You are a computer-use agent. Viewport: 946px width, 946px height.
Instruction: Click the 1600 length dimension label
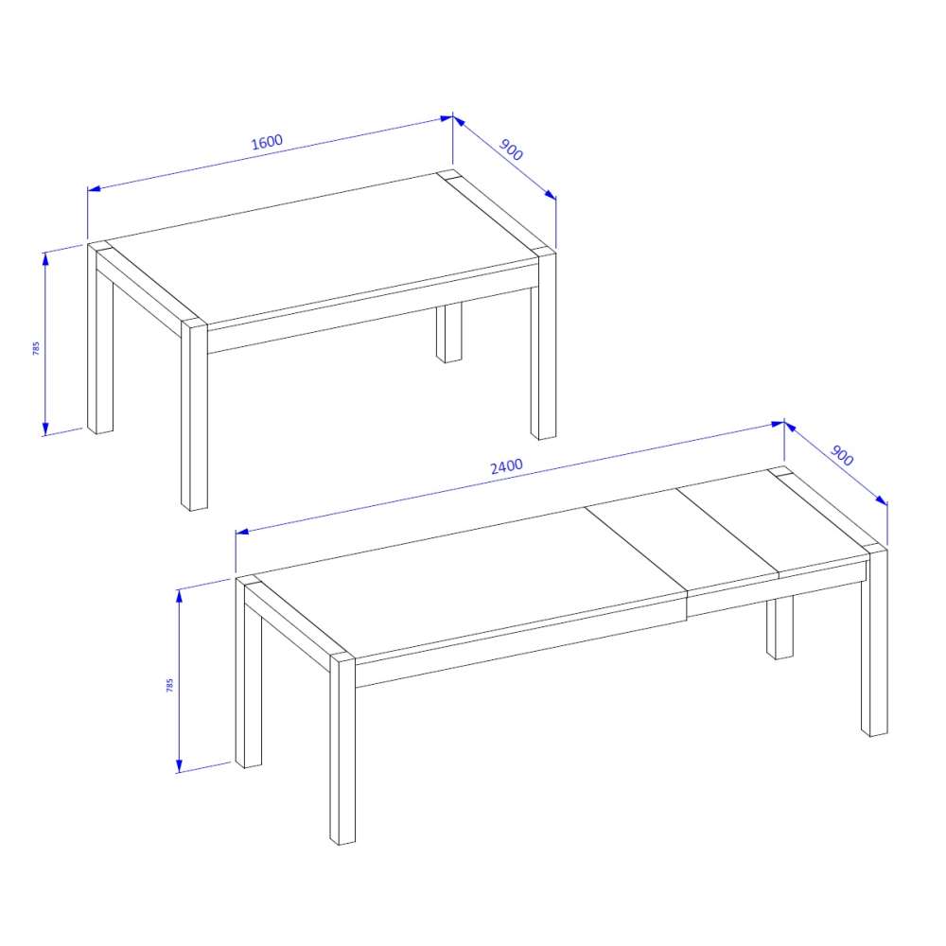(267, 142)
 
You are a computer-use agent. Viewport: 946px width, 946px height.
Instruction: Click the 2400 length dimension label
(506, 466)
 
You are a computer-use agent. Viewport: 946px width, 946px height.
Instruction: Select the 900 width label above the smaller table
(511, 149)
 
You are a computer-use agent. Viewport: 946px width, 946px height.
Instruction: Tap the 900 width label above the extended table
(842, 456)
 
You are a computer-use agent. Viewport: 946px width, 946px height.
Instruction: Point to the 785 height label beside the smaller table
(36, 348)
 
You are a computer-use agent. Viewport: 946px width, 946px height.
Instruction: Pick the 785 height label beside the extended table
(169, 685)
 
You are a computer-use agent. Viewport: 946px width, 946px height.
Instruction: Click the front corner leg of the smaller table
(194, 416)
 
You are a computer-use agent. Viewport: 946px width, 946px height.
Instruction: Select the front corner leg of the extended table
(342, 750)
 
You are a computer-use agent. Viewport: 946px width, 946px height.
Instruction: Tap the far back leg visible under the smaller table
(448, 332)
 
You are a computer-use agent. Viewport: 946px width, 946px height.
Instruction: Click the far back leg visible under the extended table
(780, 627)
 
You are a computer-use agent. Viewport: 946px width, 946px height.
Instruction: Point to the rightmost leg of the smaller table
(544, 344)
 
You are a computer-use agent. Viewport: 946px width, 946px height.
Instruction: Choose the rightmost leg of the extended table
(874, 640)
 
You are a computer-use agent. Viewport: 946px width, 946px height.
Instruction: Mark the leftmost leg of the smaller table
(100, 338)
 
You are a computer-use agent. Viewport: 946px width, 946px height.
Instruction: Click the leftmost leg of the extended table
(249, 672)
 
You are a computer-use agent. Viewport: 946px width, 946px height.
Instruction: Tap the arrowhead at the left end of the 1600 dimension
(94, 189)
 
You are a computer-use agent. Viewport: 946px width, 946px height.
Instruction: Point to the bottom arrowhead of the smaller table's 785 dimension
(45, 429)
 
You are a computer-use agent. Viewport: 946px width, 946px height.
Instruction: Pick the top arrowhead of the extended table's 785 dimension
(179, 596)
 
